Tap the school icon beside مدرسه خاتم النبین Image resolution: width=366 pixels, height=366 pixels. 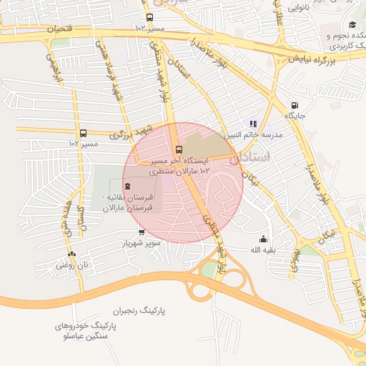253,124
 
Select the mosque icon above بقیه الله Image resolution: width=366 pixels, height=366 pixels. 263,239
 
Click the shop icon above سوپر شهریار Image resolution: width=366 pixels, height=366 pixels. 141,232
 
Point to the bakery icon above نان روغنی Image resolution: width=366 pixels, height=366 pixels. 71,254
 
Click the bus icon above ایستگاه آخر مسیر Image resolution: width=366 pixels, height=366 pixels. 179,149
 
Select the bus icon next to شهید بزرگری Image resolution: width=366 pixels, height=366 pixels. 84,133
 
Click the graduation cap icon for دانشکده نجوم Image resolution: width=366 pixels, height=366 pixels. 352,26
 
